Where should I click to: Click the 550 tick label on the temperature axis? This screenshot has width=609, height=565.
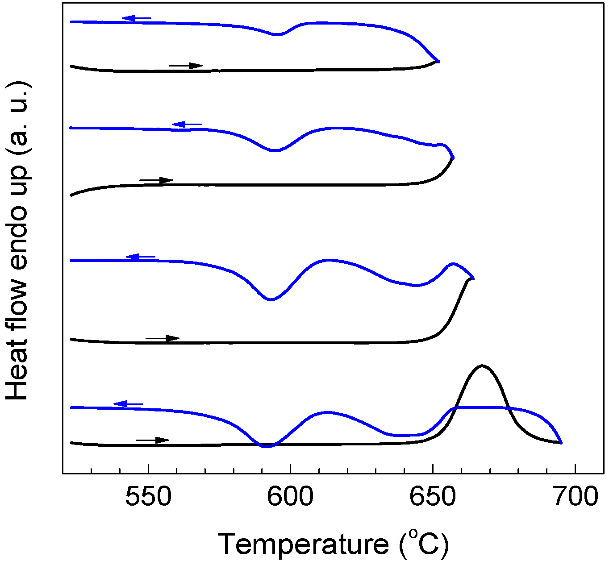148,497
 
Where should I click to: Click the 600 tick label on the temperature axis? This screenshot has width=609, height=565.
290,497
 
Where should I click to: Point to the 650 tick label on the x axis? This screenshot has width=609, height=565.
433,497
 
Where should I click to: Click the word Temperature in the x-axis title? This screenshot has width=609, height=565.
304,544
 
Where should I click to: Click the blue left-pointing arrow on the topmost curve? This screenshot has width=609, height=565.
136,18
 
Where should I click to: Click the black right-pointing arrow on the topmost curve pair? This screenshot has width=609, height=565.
186,66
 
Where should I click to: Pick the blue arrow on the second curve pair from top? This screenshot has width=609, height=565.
186,125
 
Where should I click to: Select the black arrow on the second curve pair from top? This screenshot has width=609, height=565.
156,180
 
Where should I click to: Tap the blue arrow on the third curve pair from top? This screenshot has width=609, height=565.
140,257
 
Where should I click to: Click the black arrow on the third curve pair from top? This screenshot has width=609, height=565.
163,338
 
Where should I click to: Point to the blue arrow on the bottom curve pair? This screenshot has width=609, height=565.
128,404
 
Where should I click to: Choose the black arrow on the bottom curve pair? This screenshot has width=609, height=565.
153,440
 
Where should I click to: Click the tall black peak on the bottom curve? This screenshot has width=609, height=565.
482,366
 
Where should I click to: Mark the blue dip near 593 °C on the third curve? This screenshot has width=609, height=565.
270,299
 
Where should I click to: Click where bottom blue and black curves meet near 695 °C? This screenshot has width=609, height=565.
560,442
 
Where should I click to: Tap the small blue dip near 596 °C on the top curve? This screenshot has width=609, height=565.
278,34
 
